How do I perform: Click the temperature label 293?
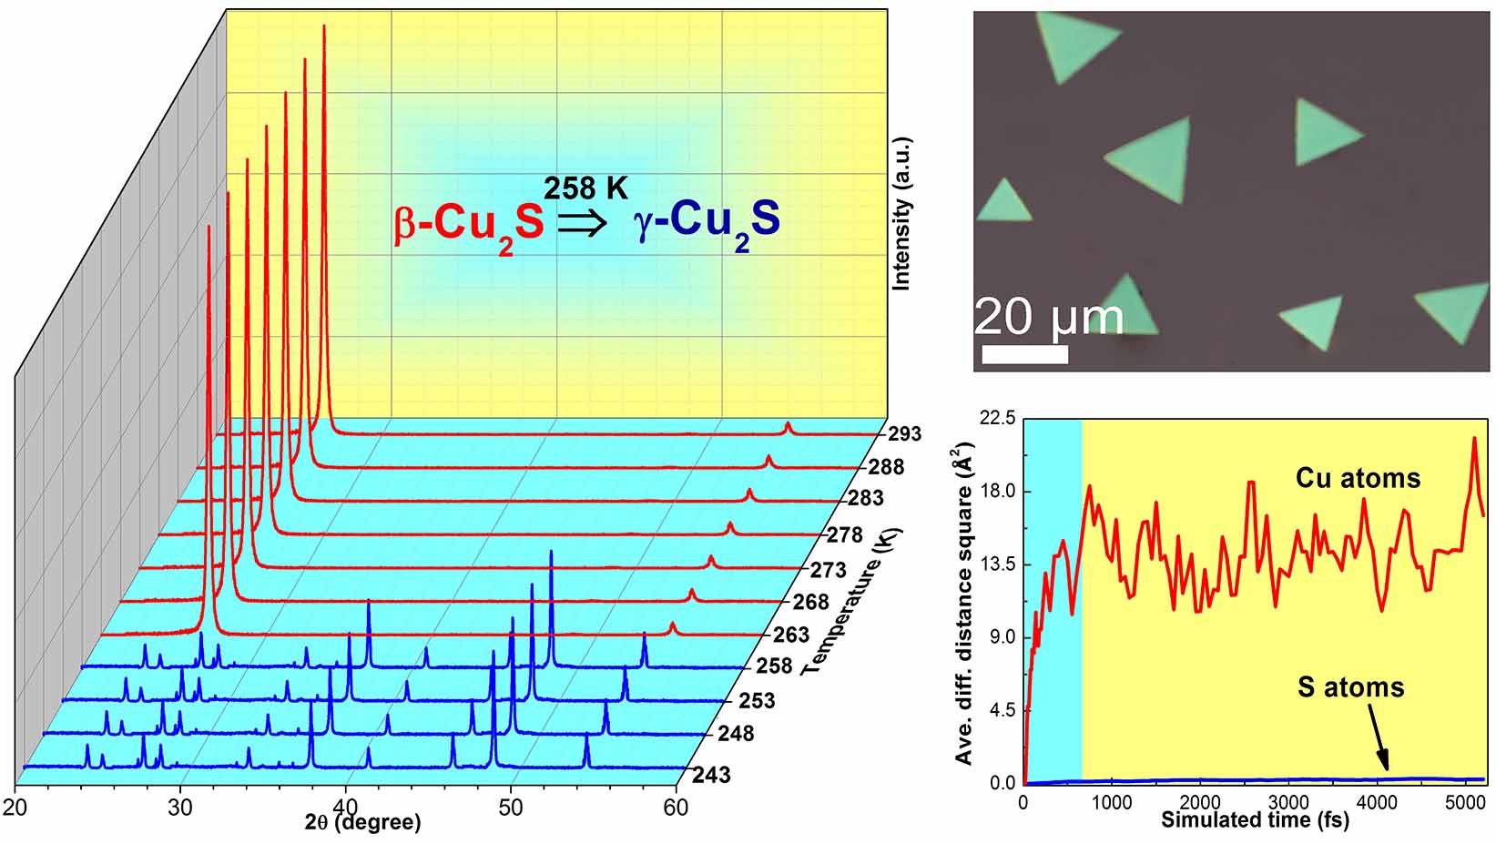click(905, 434)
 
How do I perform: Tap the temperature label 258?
click(774, 666)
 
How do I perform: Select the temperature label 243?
click(711, 775)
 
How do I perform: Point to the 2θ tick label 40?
click(345, 807)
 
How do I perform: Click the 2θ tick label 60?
click(675, 807)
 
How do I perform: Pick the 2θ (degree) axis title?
click(363, 823)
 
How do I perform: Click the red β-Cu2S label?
click(468, 224)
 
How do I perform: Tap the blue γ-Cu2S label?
click(707, 222)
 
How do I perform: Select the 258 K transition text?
click(585, 188)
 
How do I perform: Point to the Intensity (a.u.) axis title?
click(902, 214)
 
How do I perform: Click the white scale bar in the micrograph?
click(1024, 354)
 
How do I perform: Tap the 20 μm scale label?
click(1048, 317)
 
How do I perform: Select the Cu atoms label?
click(1358, 478)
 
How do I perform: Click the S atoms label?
click(1350, 686)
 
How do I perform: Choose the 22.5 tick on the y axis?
click(996, 419)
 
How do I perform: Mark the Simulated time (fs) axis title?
click(1255, 819)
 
